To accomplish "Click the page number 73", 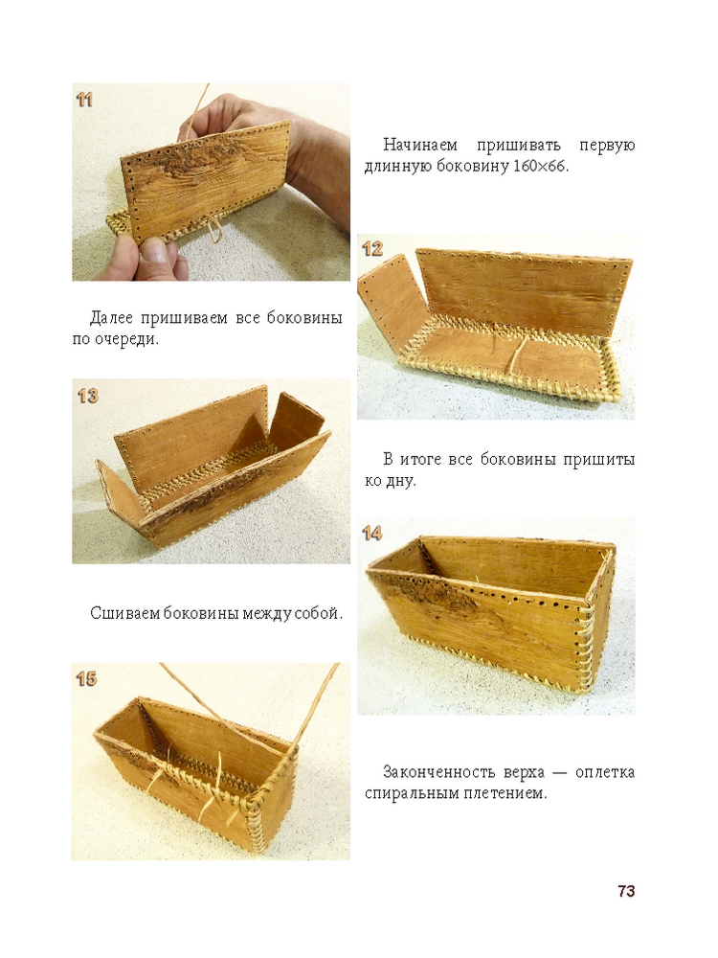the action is pyautogui.click(x=626, y=891).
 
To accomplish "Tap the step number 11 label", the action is pyautogui.click(x=84, y=100).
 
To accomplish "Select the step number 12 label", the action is pyautogui.click(x=371, y=249).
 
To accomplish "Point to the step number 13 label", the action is pyautogui.click(x=87, y=396).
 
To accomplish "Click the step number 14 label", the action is pyautogui.click(x=371, y=534).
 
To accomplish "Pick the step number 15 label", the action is pyautogui.click(x=87, y=679).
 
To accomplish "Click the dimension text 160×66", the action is pyautogui.click(x=539, y=166).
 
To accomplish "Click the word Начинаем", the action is pyautogui.click(x=420, y=146).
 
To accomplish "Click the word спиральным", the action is pyautogui.click(x=409, y=794).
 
